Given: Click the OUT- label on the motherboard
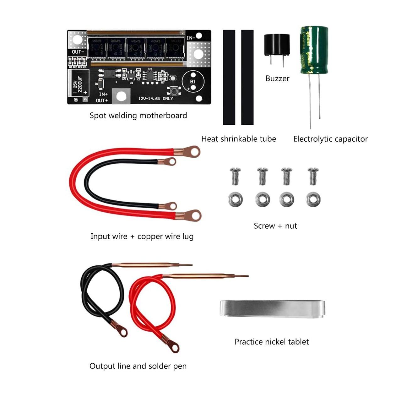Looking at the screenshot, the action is (78, 52).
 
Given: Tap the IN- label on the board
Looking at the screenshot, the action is (191, 38).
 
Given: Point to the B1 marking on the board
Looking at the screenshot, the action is (193, 82).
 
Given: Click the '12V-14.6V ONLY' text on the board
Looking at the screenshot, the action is (156, 99).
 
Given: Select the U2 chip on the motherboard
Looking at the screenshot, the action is (150, 75).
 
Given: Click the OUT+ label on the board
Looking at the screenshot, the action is (102, 100).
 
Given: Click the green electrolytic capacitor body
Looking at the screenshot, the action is (314, 50).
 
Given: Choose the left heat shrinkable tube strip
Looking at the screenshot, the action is (229, 77).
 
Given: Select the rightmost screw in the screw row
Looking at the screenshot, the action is (313, 176).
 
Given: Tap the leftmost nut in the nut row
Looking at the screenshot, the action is (235, 199).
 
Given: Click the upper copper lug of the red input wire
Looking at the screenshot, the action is (192, 151).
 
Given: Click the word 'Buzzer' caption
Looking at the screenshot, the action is (277, 79).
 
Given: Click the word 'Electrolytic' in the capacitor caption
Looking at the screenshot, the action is (311, 139).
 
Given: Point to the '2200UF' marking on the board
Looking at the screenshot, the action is (80, 85).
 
